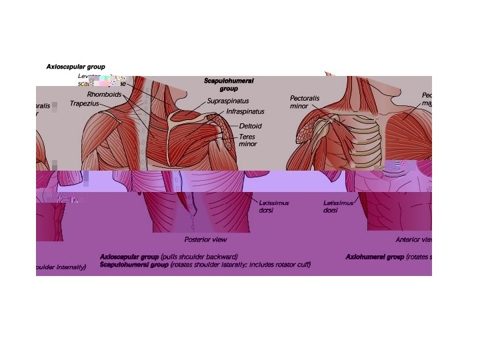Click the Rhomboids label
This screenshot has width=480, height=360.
(105, 94)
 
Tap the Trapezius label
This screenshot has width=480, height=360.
(85, 103)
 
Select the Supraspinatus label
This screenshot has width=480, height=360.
(228, 101)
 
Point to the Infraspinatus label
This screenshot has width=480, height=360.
(245, 111)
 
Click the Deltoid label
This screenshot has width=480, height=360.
(250, 126)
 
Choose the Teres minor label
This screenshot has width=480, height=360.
(247, 140)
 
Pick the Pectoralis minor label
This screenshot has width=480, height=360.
(305, 102)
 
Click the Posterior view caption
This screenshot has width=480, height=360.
(205, 239)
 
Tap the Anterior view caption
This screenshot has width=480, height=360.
(413, 239)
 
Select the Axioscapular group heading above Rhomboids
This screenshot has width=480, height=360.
(75, 67)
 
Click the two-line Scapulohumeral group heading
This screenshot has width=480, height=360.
(229, 85)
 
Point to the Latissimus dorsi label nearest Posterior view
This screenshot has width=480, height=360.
(273, 206)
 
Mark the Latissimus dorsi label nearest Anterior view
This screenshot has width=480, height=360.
(338, 206)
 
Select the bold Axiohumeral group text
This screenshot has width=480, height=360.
(375, 256)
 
